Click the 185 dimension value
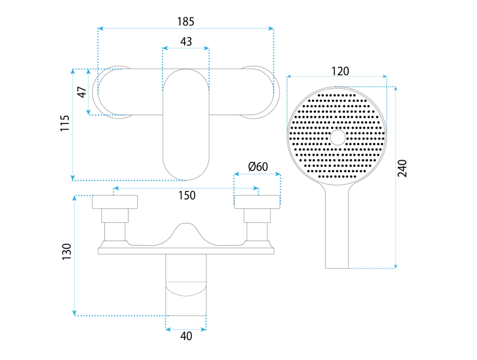[186, 22]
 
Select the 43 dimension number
[186, 41]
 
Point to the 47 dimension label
[82, 92]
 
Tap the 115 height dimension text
[65, 123]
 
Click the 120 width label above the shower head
[340, 71]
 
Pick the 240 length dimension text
[402, 168]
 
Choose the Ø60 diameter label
[258, 167]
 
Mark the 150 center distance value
[187, 195]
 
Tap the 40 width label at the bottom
[186, 336]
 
